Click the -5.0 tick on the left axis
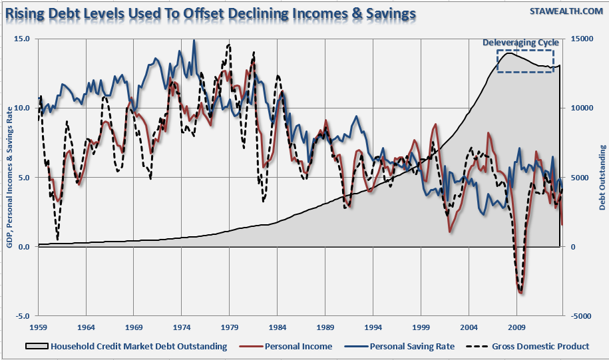click(21, 316)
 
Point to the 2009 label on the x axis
click(516, 327)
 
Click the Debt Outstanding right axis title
click(602, 177)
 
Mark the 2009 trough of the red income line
click(520, 291)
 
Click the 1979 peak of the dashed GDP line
click(229, 45)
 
